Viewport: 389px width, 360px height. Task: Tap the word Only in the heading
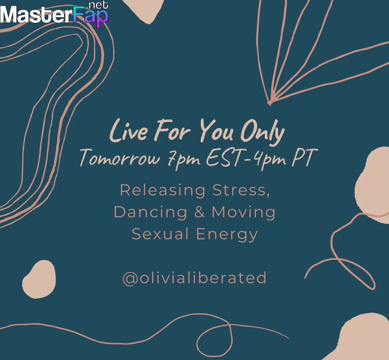[x=263, y=133]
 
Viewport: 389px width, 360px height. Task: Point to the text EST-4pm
[x=246, y=159]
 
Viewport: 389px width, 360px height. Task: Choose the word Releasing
[x=163, y=190]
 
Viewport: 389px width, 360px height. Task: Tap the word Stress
[x=241, y=190]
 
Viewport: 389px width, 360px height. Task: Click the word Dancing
[x=150, y=212]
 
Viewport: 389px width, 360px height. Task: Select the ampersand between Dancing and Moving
[x=200, y=212]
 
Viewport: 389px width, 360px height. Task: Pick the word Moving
[x=243, y=212]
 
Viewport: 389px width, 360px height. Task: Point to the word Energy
[x=227, y=234]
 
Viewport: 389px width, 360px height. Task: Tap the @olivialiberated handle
[x=194, y=277]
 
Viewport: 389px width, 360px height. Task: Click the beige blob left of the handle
[x=39, y=279]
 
